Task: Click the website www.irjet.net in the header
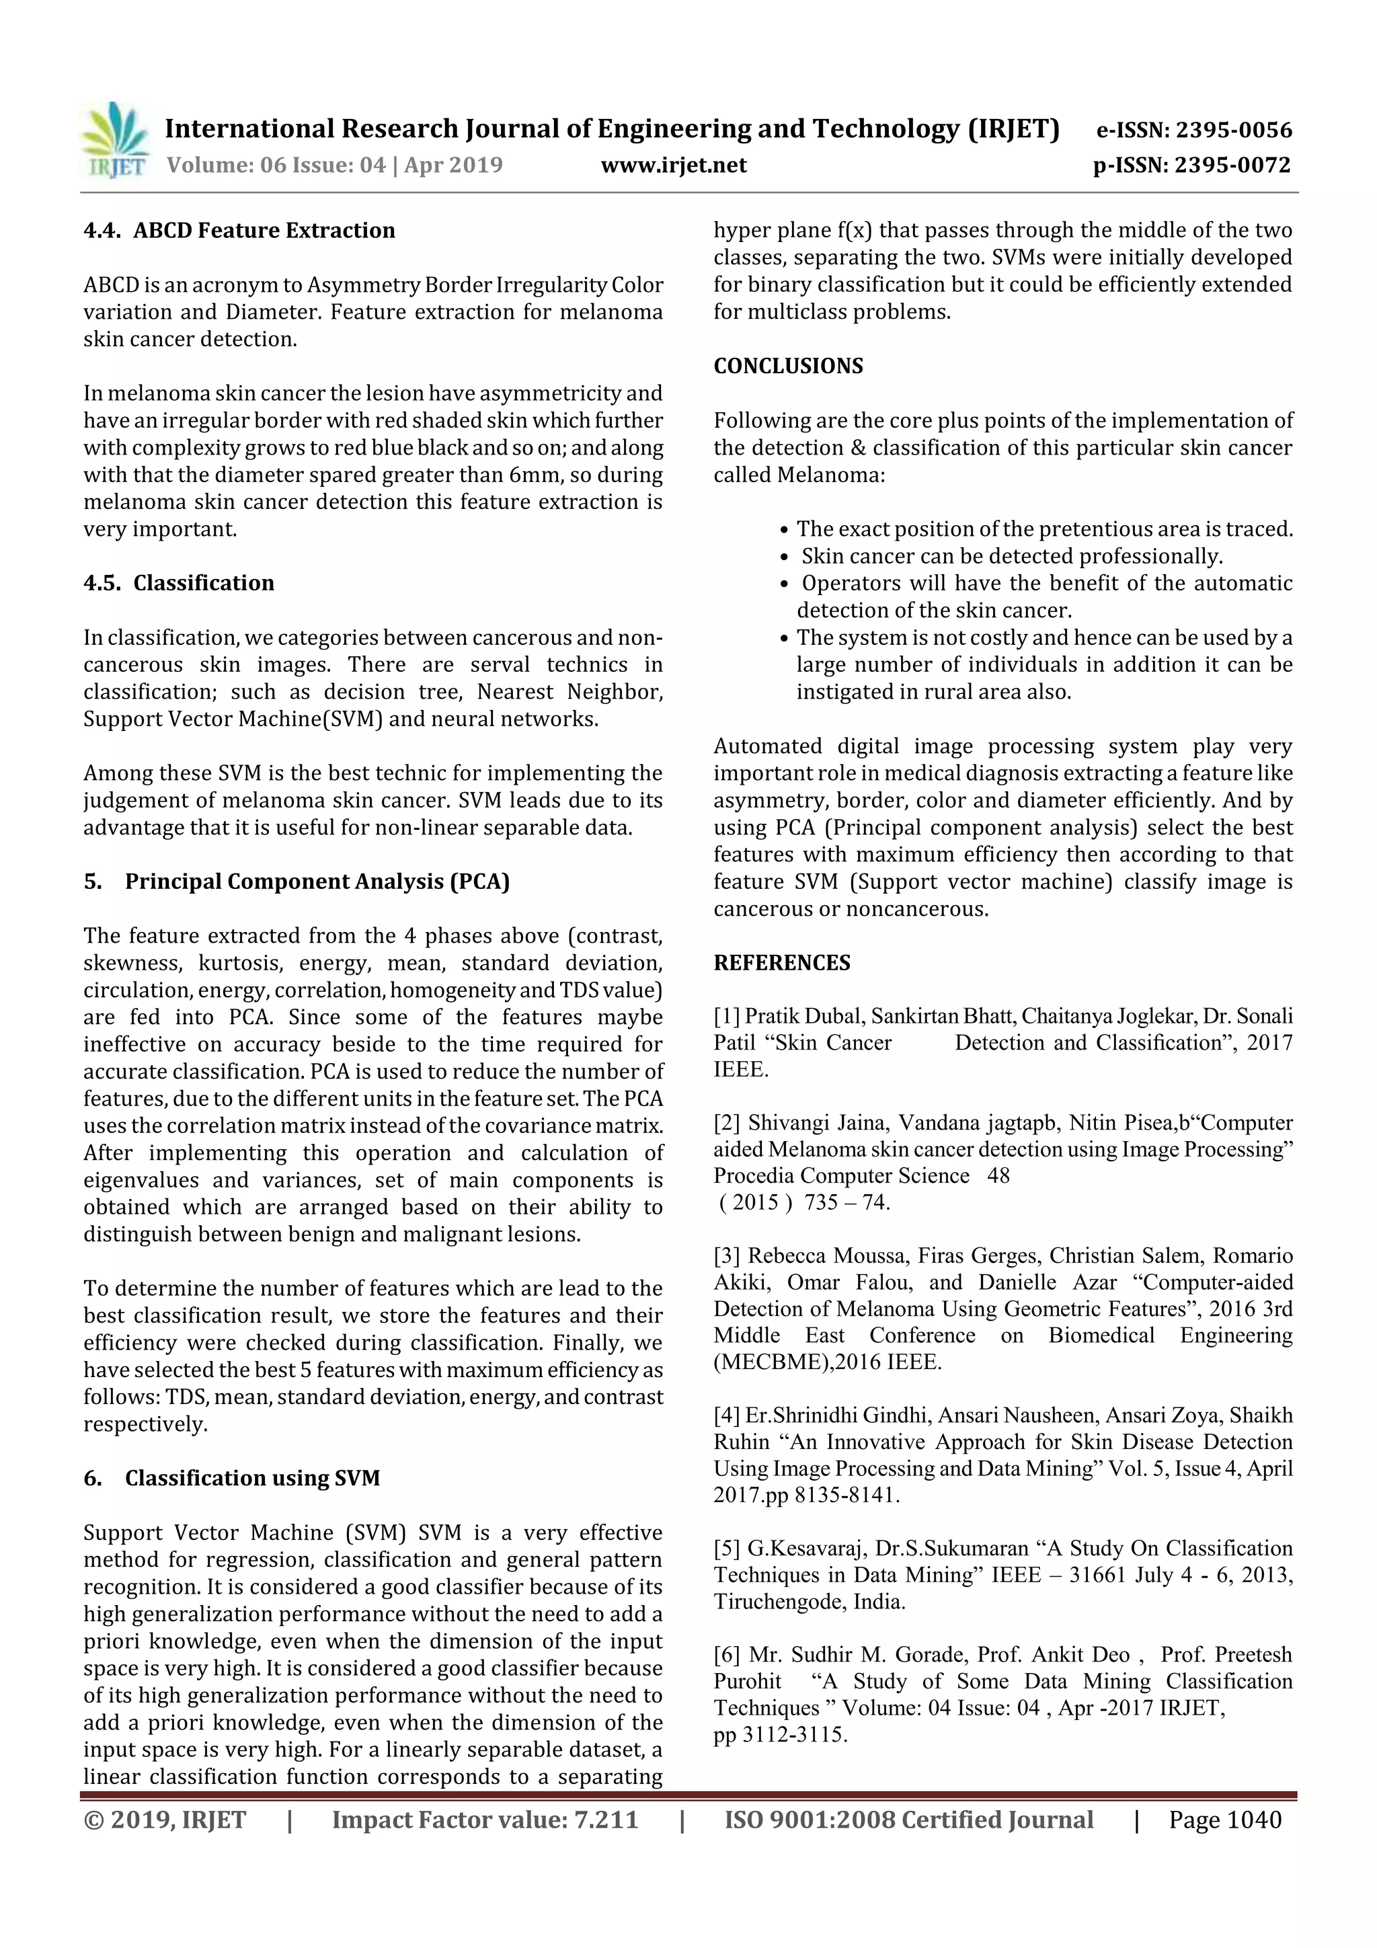tap(674, 165)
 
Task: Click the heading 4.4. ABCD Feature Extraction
tap(239, 230)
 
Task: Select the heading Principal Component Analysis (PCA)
tap(317, 882)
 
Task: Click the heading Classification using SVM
tap(252, 1478)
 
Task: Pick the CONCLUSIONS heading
tap(787, 366)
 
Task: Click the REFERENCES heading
tap(781, 962)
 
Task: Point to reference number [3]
tap(727, 1255)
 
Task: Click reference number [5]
tap(727, 1549)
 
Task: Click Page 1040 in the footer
tap(1224, 1819)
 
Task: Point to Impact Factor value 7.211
tap(485, 1819)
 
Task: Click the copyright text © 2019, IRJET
tap(165, 1819)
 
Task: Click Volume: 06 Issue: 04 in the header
tap(276, 165)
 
